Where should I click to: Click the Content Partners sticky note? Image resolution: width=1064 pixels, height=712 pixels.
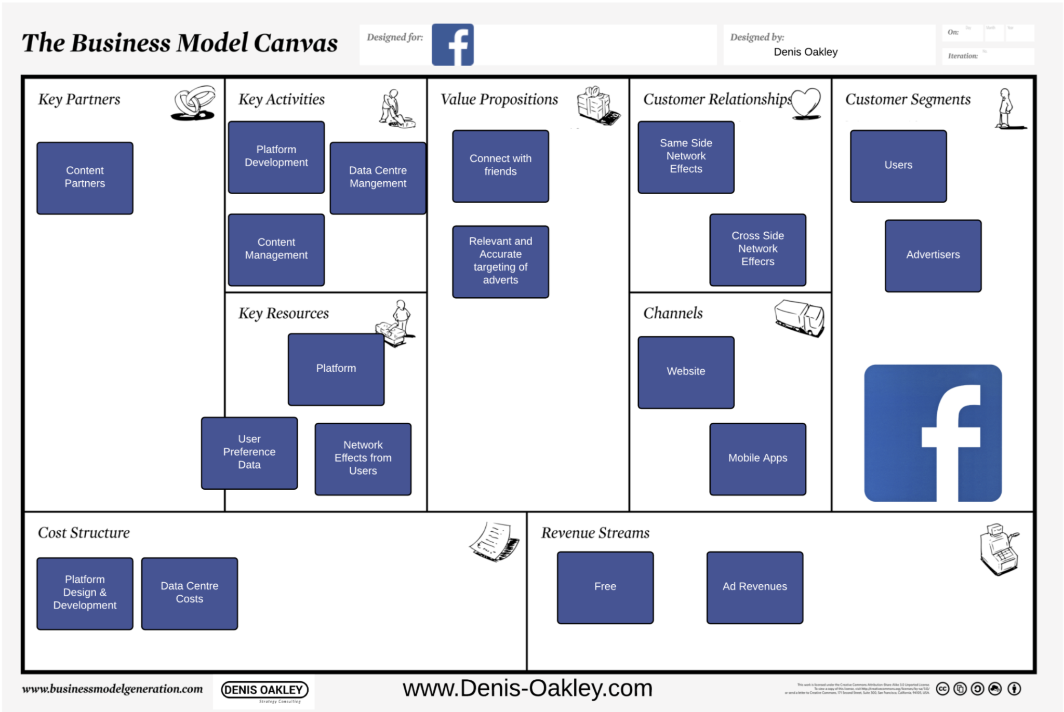pyautogui.click(x=85, y=178)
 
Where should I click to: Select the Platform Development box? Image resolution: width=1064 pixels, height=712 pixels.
pyautogui.click(x=276, y=157)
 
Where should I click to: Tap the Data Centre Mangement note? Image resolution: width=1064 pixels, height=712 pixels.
pyautogui.click(x=378, y=178)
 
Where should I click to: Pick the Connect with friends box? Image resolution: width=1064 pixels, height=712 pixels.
pyautogui.click(x=500, y=166)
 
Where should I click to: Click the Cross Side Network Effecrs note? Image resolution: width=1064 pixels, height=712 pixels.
pyautogui.click(x=757, y=249)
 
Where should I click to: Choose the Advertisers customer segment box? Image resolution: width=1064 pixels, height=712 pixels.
pyautogui.click(x=933, y=255)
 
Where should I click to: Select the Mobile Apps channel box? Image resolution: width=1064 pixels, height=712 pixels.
pyautogui.click(x=757, y=459)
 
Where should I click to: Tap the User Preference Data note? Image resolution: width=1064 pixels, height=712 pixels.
pyautogui.click(x=249, y=452)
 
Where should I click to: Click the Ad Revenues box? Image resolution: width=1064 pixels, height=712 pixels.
pyautogui.click(x=754, y=587)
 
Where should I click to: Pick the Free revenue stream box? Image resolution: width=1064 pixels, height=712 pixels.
pyautogui.click(x=605, y=587)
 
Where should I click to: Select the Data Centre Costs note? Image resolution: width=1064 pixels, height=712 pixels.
pyautogui.click(x=189, y=593)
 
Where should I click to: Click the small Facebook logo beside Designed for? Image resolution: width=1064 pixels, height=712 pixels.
pyautogui.click(x=453, y=45)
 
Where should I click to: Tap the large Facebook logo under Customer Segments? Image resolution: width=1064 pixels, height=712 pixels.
pyautogui.click(x=933, y=433)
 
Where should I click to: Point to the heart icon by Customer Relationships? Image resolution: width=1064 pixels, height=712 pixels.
pyautogui.click(x=806, y=103)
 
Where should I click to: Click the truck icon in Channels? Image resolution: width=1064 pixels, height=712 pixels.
pyautogui.click(x=799, y=317)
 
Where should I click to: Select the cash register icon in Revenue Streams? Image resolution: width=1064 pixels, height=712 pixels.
pyautogui.click(x=999, y=549)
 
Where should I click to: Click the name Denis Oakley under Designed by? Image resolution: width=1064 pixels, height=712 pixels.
pyautogui.click(x=805, y=52)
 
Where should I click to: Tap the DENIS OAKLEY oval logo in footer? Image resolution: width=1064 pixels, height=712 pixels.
pyautogui.click(x=264, y=690)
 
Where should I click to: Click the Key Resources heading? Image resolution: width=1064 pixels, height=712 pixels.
pyautogui.click(x=284, y=313)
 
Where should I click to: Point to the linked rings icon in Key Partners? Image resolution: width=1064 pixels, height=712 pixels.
pyautogui.click(x=193, y=103)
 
